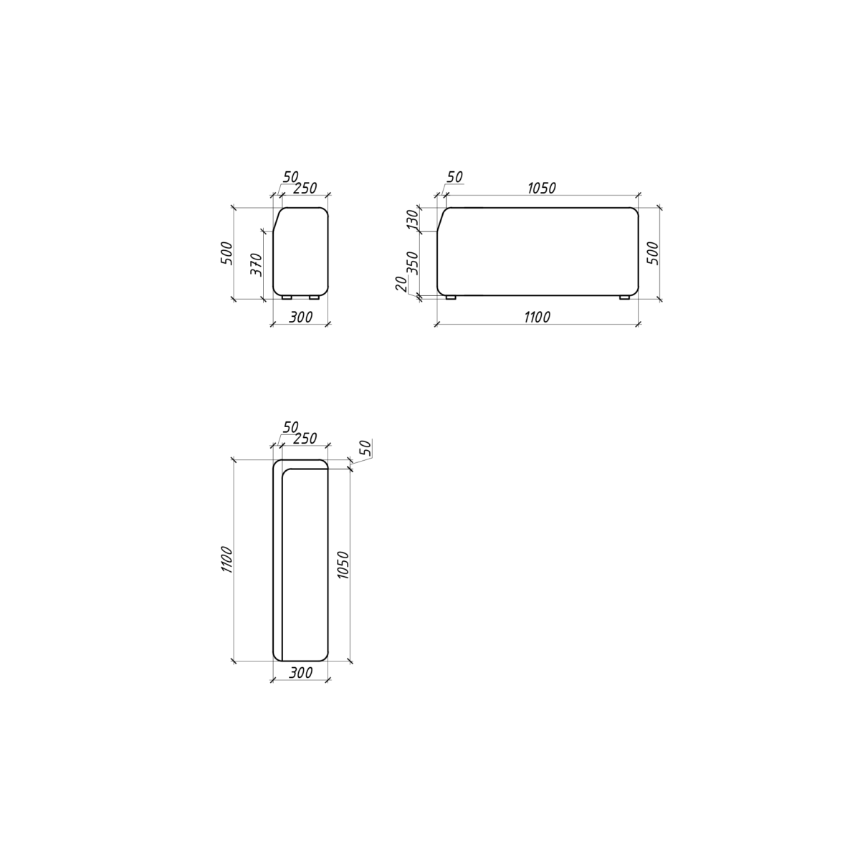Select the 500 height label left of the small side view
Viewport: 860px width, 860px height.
coord(227,253)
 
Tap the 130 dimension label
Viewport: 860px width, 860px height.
coord(414,219)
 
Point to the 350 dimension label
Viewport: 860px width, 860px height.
coord(414,263)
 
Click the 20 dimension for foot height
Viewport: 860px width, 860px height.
coord(401,283)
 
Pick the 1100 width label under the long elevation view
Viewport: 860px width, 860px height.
coord(537,317)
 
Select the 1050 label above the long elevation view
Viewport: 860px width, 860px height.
coord(542,188)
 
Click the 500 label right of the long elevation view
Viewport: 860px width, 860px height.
coord(654,253)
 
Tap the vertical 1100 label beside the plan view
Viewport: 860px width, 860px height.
coord(227,560)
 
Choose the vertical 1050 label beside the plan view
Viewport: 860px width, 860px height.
coord(343,565)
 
